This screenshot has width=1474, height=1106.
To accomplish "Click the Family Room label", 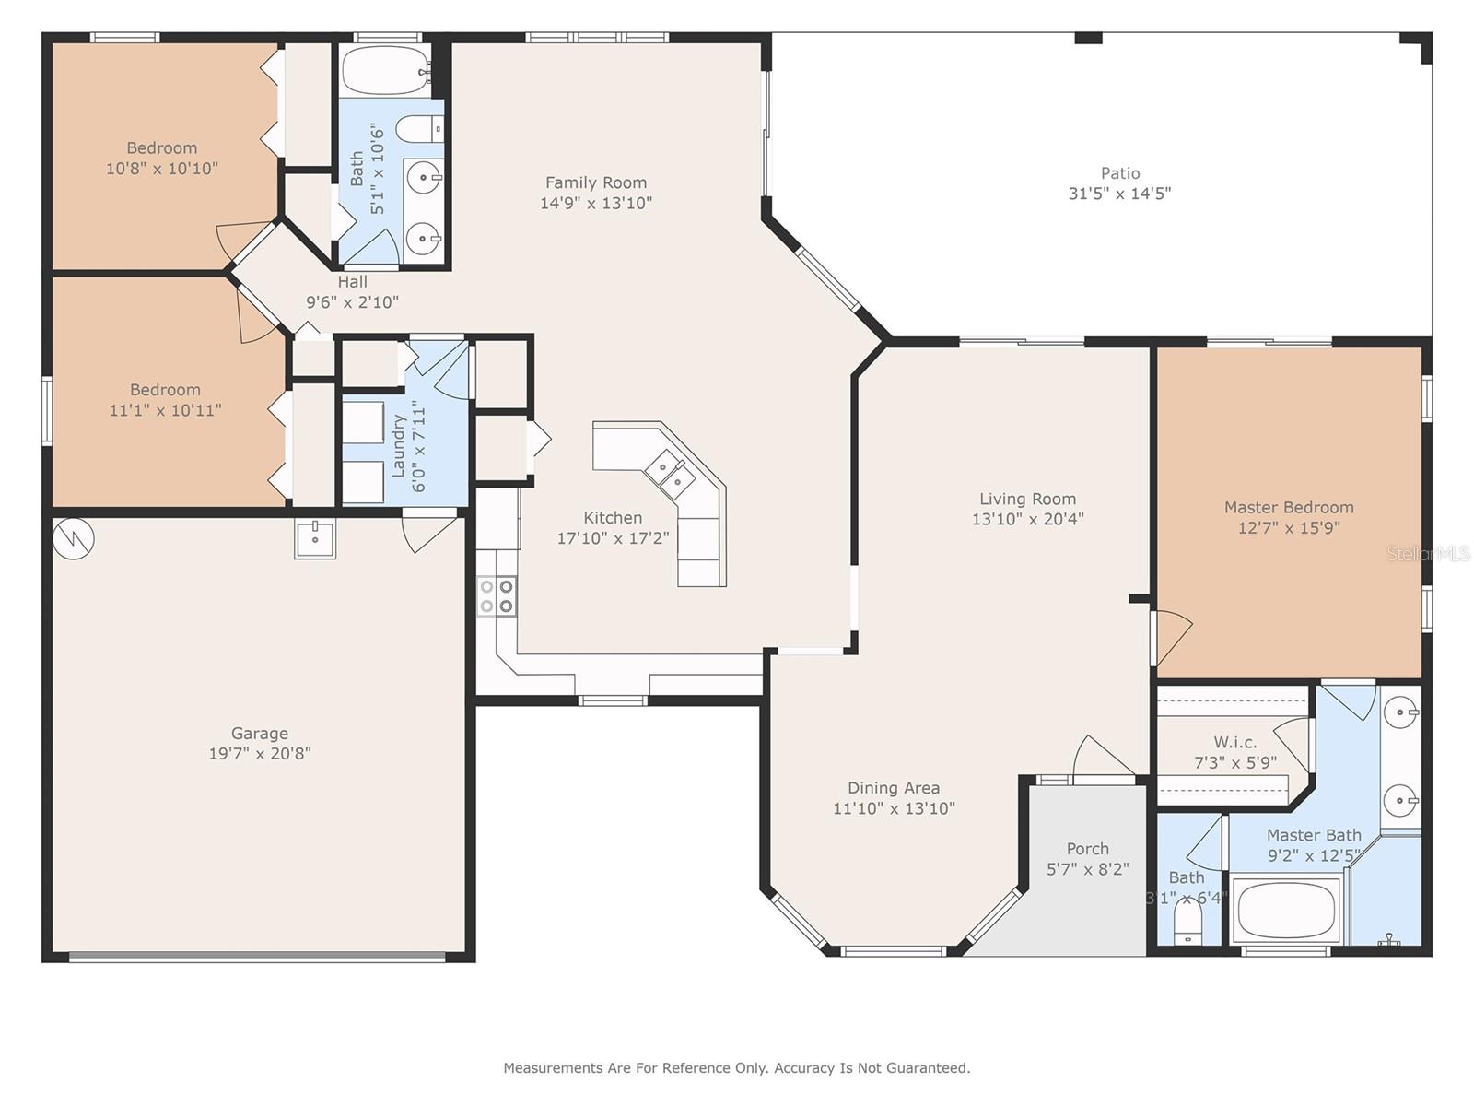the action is (596, 182).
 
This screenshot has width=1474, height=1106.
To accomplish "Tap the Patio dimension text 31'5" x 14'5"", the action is (1119, 194).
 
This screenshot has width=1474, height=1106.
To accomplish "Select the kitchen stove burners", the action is (497, 596).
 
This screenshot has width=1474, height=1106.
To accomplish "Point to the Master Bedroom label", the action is (1289, 508).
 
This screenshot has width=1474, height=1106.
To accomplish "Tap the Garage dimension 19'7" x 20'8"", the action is (260, 753).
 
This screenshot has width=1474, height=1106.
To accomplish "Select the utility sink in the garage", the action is (315, 539).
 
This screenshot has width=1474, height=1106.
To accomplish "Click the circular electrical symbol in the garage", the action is (73, 538).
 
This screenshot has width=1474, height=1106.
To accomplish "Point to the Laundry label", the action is (398, 446).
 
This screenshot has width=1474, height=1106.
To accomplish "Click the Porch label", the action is (1087, 849).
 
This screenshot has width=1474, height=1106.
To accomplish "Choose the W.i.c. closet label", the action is (1235, 742).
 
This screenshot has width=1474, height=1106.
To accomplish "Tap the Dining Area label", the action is (893, 788).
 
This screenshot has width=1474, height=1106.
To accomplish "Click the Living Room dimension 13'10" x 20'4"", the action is (1027, 519).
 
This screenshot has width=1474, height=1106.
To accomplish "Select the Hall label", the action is (353, 282).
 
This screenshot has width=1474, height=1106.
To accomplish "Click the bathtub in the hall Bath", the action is (385, 71).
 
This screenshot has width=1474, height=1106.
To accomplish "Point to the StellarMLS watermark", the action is (1428, 554).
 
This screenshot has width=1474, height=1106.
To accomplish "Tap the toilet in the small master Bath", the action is (1187, 922).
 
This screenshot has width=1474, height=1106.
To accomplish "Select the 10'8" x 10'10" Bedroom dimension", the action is (162, 169).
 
